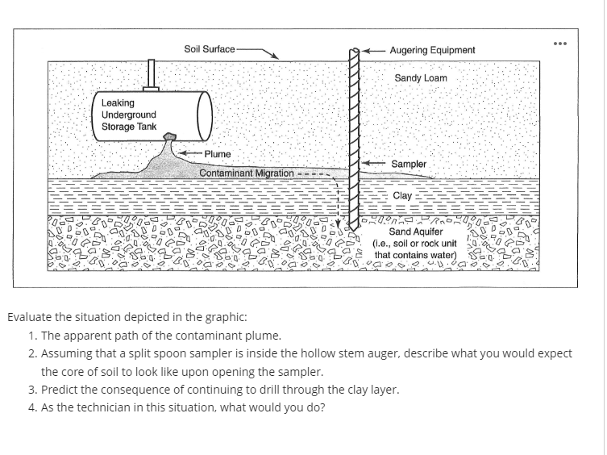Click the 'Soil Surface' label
(x=209, y=49)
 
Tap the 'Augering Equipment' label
(x=432, y=50)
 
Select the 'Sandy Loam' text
(x=420, y=78)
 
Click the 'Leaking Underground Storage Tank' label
(x=129, y=115)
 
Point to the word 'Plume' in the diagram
(x=217, y=153)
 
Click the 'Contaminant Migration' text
(x=246, y=173)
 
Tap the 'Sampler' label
(x=409, y=164)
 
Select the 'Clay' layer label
(x=401, y=195)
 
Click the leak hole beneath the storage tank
(x=169, y=136)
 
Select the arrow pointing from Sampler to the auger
(x=372, y=164)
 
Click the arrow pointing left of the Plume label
(x=190, y=153)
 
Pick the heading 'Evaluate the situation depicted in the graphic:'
(x=127, y=317)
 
